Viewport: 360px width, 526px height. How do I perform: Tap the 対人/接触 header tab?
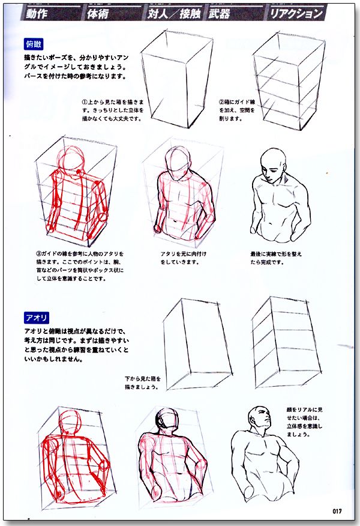point(174,13)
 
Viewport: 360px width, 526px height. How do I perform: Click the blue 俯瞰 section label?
point(34,43)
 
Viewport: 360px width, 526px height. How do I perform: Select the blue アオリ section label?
point(37,317)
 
